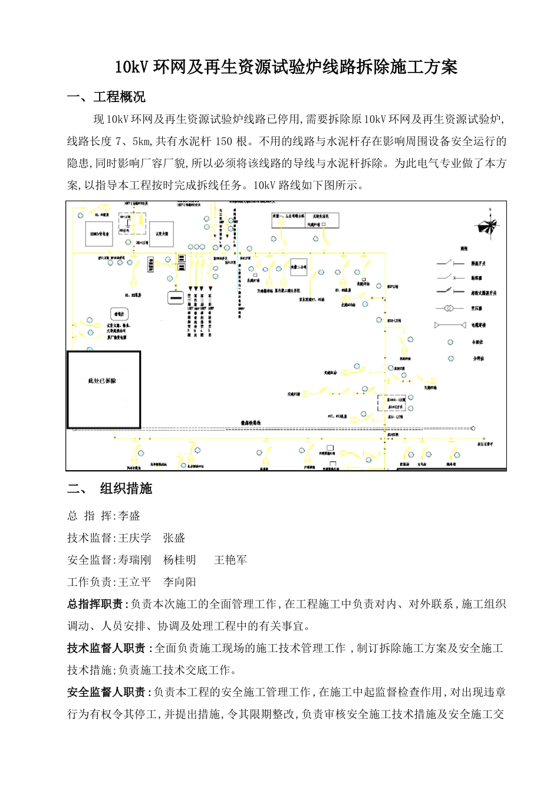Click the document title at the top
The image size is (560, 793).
(x=286, y=67)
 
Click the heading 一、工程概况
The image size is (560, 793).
(x=106, y=97)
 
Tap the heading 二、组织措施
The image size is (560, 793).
(x=110, y=489)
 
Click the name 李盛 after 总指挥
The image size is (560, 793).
(x=129, y=516)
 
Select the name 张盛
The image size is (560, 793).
(x=174, y=538)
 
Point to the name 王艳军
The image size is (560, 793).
(x=230, y=560)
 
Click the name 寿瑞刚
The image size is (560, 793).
(x=134, y=560)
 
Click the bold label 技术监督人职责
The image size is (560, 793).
(x=106, y=648)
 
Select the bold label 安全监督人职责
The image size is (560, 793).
(x=106, y=692)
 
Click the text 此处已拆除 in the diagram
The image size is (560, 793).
(x=103, y=381)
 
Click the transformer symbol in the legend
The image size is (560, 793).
(x=449, y=309)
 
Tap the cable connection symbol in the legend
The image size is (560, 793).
(x=449, y=325)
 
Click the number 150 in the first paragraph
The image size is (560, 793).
(x=223, y=141)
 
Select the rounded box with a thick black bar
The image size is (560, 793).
(x=176, y=298)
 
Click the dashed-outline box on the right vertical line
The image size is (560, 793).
(x=392, y=403)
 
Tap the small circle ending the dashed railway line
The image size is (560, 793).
(x=473, y=428)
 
